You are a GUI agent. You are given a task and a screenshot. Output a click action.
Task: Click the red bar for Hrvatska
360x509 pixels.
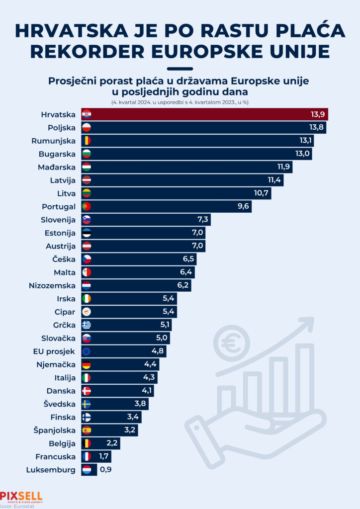pos(204,114)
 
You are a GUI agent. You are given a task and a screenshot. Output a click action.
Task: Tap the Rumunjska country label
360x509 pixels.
pos(53,141)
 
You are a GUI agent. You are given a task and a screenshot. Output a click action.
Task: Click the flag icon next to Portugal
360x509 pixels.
pos(87,206)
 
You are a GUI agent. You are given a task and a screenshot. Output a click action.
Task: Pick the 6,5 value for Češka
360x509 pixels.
pos(188,259)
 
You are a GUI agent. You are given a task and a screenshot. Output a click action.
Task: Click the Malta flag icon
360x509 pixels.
pos(87,272)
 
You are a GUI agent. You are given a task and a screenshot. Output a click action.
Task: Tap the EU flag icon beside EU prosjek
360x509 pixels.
pos(87,351)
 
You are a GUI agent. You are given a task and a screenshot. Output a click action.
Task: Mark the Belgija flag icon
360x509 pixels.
pos(87,443)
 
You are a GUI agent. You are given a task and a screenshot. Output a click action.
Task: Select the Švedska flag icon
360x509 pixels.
pos(87,404)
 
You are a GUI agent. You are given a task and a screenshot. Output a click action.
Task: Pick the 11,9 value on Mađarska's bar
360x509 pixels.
pos(284,167)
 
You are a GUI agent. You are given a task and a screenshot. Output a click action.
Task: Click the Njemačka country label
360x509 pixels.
pos(57,364)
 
